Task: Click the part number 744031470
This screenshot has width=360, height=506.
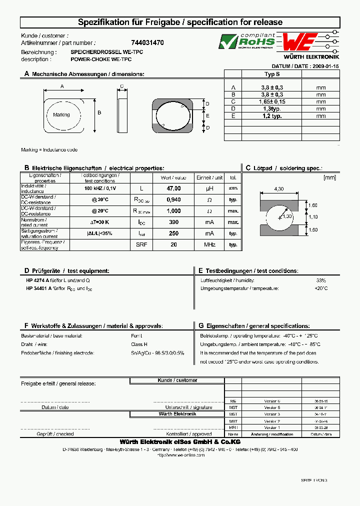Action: click(147, 43)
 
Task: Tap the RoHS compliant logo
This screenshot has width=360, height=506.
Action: click(247, 41)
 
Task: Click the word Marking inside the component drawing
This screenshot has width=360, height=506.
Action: click(61, 115)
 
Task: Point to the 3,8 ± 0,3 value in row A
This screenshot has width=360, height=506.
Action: click(271, 87)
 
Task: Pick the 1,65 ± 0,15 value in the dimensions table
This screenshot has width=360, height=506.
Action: click(271, 101)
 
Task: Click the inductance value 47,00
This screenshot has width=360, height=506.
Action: click(173, 188)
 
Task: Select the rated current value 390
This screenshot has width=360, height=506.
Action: click(173, 222)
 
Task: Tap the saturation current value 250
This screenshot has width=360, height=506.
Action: click(173, 233)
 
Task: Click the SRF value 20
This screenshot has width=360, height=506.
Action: click(173, 244)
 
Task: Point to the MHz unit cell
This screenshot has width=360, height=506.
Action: click(210, 244)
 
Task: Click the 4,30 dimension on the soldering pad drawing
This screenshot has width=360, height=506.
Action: click(279, 188)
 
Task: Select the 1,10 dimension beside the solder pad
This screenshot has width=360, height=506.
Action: click(313, 217)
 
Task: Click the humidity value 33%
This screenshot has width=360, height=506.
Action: click(321, 280)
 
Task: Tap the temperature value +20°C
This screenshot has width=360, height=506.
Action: click(320, 288)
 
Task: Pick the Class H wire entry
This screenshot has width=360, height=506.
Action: click(139, 344)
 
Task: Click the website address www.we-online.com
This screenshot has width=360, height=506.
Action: click(181, 455)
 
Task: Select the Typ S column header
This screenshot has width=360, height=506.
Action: click(271, 74)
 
